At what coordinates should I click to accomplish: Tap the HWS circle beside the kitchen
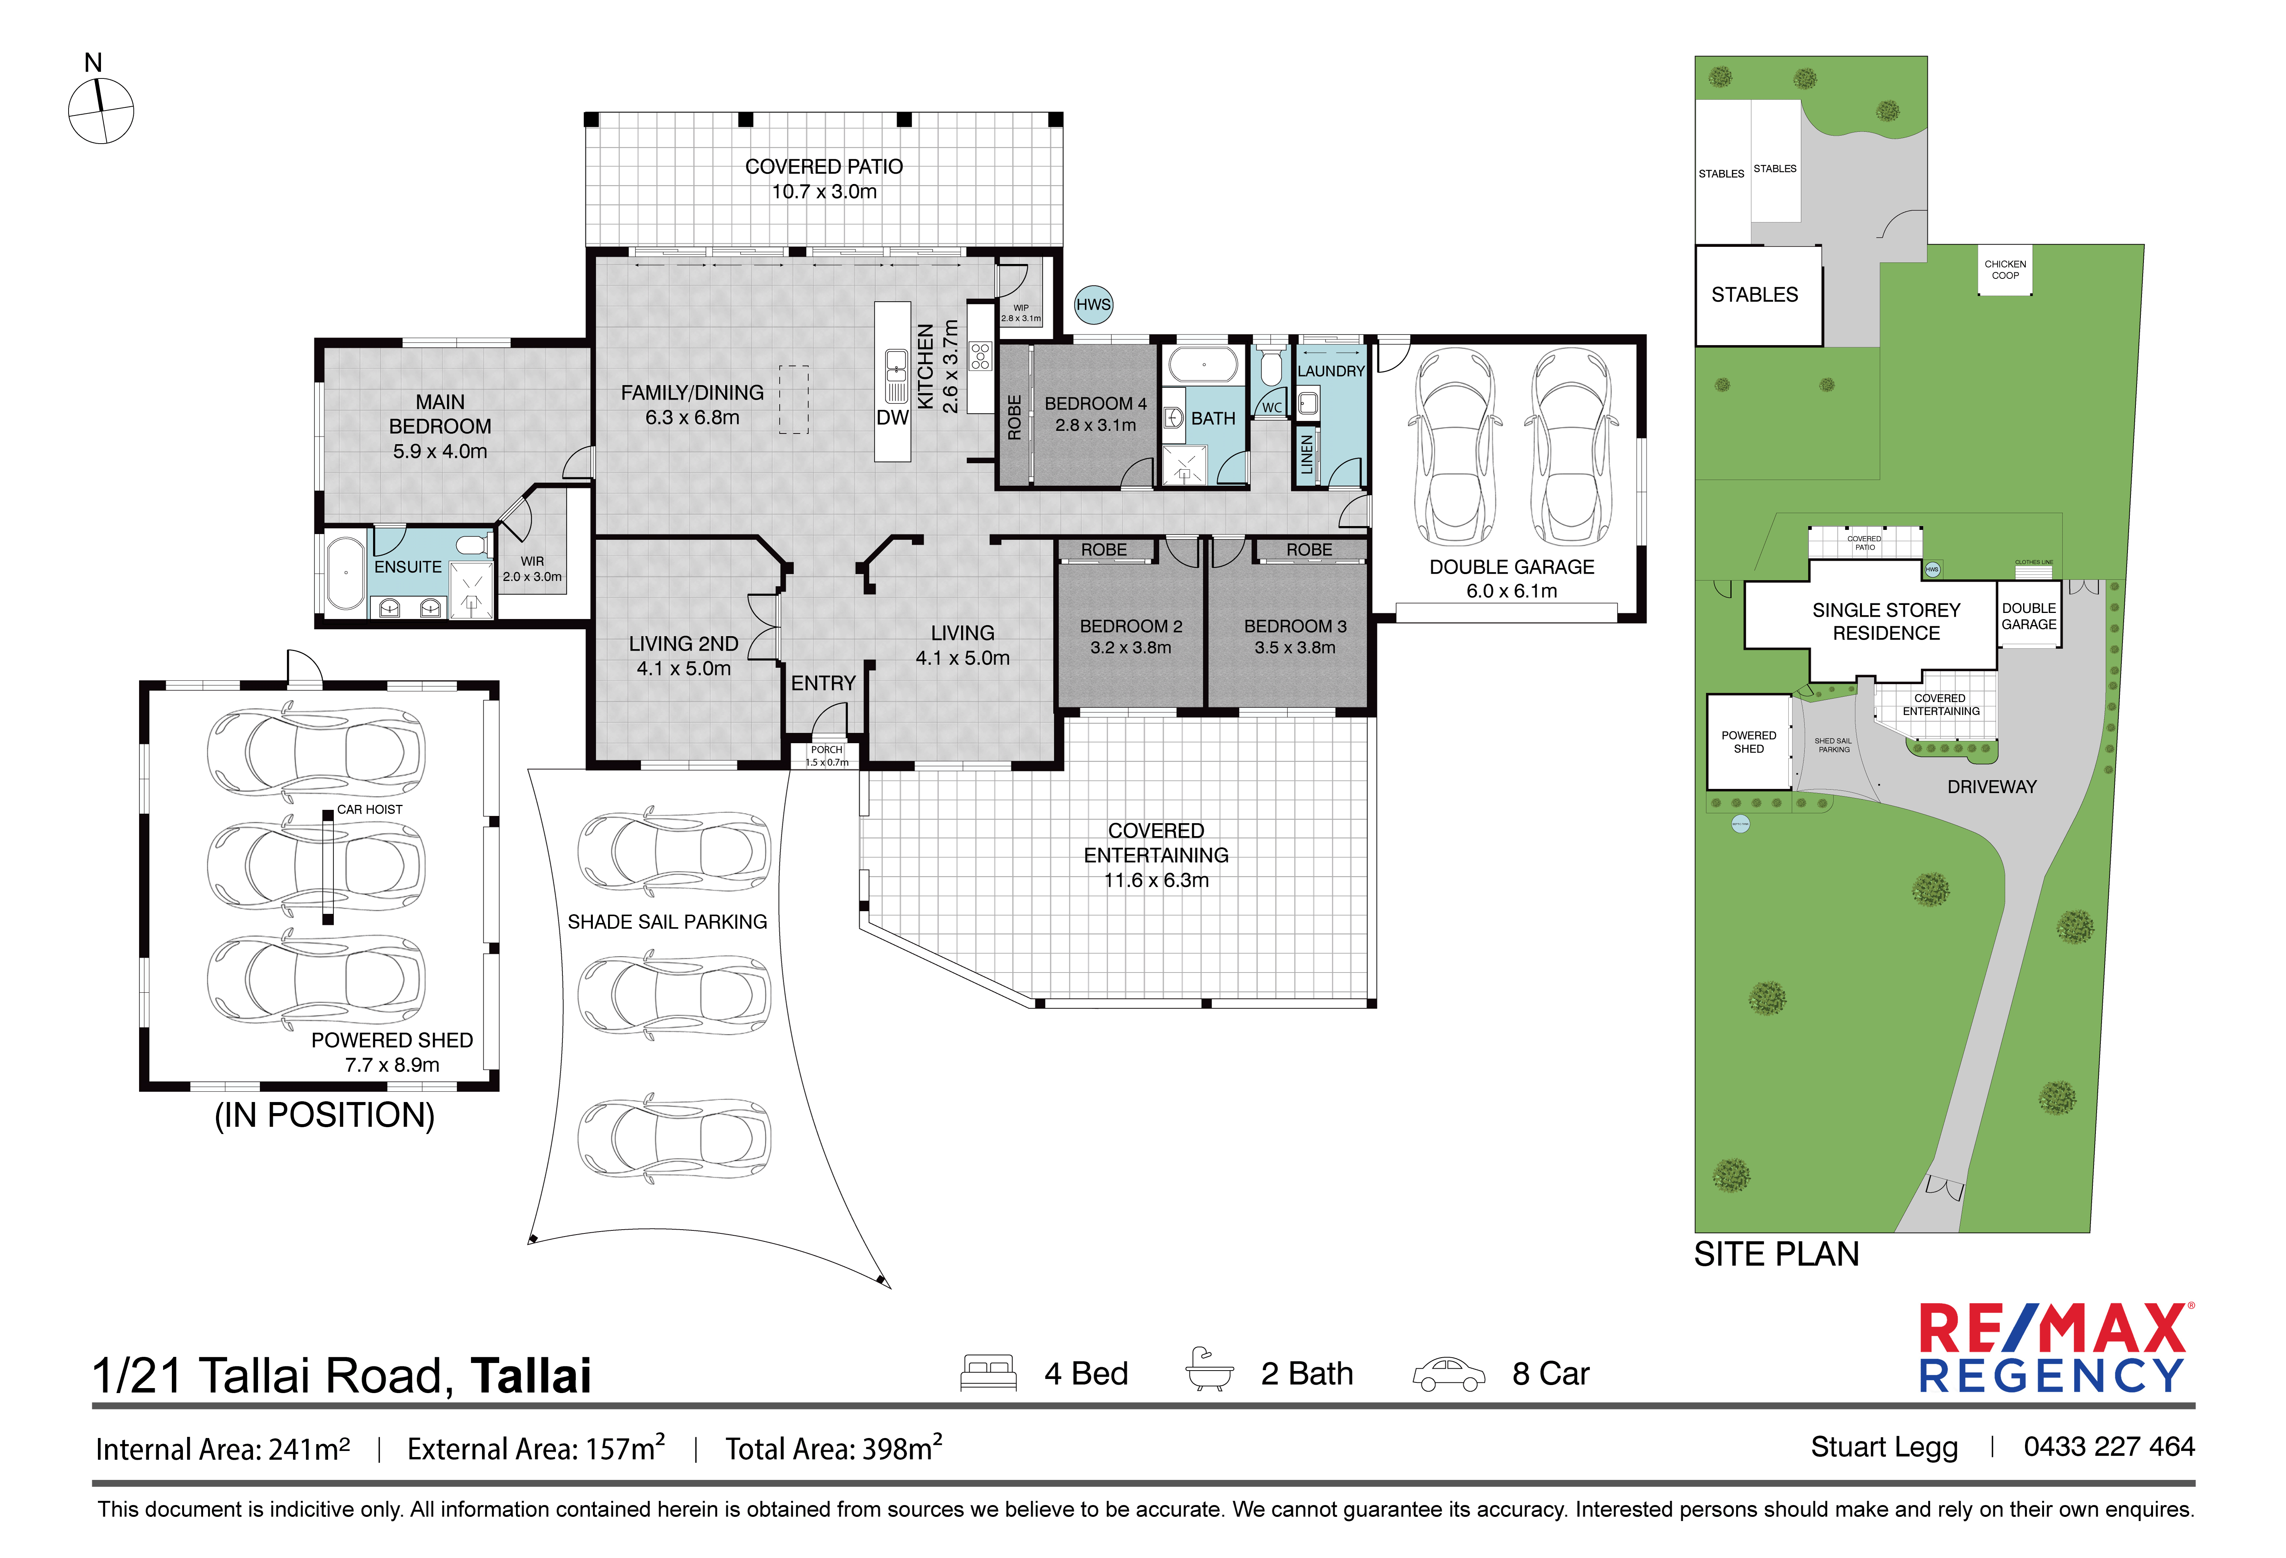pyautogui.click(x=1093, y=305)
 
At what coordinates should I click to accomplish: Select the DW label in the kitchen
pyautogui.click(x=892, y=417)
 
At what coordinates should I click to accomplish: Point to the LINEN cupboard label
pyautogui.click(x=1306, y=454)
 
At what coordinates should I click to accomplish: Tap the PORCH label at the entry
pyautogui.click(x=826, y=750)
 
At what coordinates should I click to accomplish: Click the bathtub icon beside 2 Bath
pyautogui.click(x=1209, y=1370)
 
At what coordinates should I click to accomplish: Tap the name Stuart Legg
pyautogui.click(x=1884, y=1447)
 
